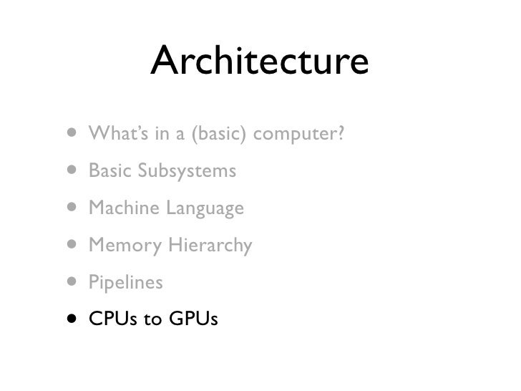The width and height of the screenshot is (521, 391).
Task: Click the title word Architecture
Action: pyautogui.click(x=260, y=63)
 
